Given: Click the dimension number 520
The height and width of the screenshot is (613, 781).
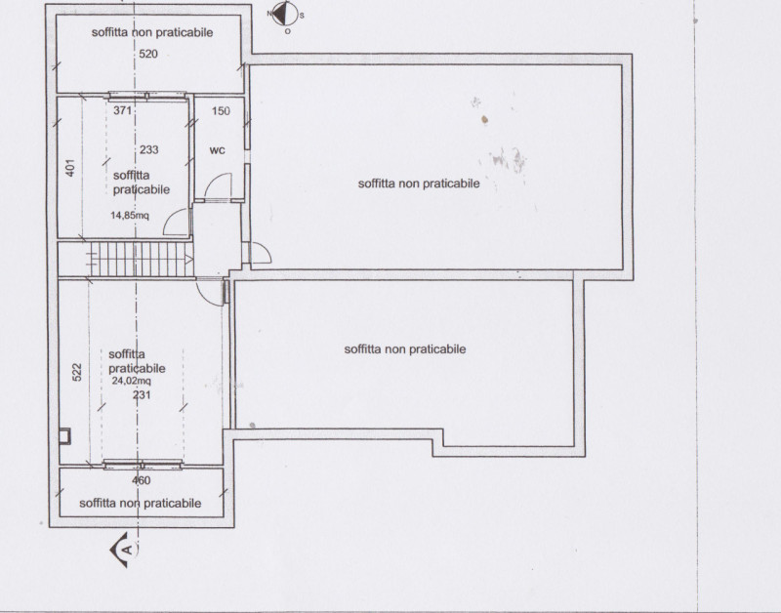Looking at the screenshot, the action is (148, 54).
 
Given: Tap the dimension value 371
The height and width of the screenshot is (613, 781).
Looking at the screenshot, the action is (122, 110).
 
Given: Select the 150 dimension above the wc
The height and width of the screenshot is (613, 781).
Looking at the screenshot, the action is (221, 110).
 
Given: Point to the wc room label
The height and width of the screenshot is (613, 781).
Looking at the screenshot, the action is (217, 150).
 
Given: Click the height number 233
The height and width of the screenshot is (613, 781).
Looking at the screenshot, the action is (149, 149).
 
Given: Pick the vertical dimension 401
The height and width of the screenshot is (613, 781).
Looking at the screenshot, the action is (70, 168).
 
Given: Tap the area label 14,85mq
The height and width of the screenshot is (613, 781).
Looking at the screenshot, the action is (130, 215).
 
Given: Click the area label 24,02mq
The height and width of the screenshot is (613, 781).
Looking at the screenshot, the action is (131, 381).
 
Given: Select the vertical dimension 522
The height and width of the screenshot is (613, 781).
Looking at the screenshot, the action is (77, 373).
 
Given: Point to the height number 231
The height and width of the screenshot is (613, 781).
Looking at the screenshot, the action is (142, 395).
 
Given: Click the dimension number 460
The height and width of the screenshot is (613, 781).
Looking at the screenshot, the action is (141, 480).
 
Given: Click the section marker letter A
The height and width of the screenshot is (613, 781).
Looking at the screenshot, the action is (128, 550).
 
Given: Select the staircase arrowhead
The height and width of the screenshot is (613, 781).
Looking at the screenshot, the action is (188, 259).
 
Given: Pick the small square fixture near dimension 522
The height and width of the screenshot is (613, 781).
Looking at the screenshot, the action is (64, 436).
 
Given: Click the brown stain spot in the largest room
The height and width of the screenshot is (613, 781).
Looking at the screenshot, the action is (484, 119).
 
